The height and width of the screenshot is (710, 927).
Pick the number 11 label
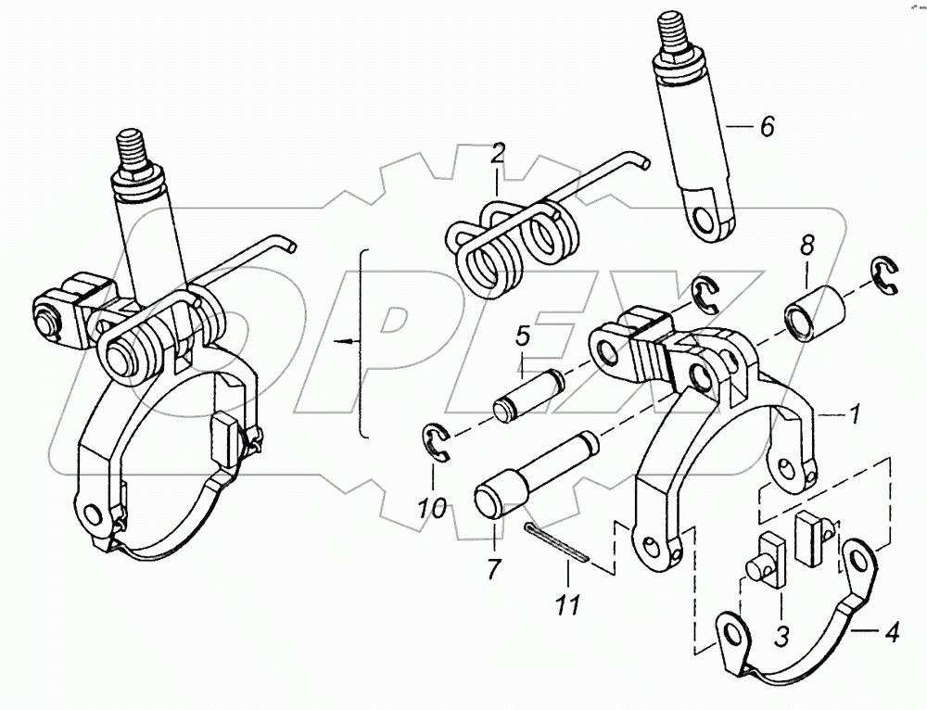[567, 605]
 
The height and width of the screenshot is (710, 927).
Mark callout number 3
[781, 637]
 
